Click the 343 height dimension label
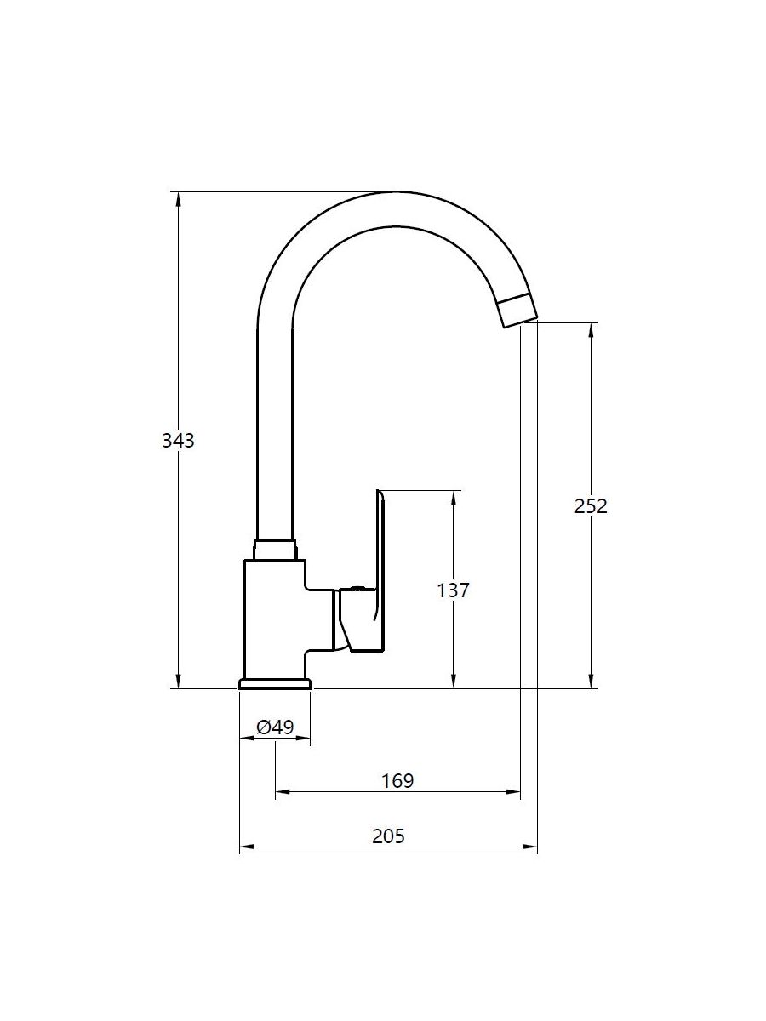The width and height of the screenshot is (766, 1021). tap(178, 441)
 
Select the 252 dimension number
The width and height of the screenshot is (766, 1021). tap(591, 506)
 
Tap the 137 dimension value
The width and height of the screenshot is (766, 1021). tap(453, 590)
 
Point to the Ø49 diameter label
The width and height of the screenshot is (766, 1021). tap(275, 727)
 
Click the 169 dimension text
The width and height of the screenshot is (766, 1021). tap(397, 781)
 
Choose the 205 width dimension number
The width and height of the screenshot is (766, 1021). tap(388, 836)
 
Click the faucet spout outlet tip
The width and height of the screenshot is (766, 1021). tap(520, 323)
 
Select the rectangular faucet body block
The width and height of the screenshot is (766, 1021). tap(275, 619)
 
